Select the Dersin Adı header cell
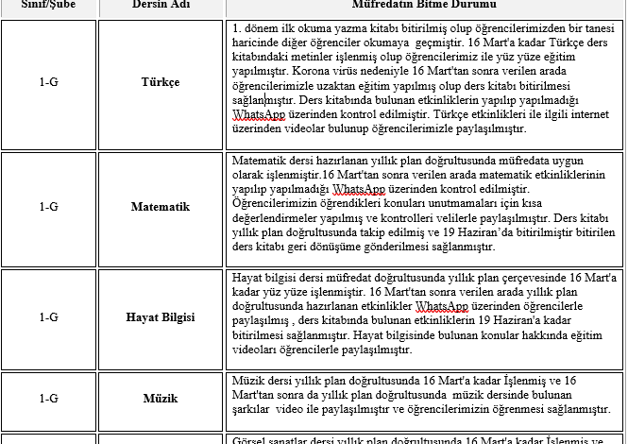160,5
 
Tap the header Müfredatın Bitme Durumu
426,5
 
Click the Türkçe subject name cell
160,82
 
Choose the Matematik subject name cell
160,206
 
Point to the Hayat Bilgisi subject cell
160,317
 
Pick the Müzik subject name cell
160,399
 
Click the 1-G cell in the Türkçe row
48,82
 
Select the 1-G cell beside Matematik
48,206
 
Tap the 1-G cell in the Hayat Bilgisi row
48,317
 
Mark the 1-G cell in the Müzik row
48,399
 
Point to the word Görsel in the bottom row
249,439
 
